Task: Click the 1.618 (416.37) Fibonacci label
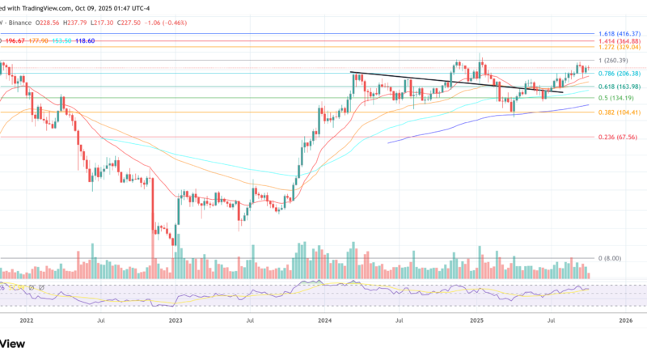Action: click(618, 35)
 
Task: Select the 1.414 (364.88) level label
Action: click(618, 41)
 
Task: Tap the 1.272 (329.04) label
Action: click(618, 48)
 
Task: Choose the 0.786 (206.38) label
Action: click(618, 74)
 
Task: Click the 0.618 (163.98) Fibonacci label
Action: click(618, 87)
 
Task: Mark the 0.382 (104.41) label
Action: click(618, 112)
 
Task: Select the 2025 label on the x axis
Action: click(476, 320)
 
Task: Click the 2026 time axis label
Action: click(625, 320)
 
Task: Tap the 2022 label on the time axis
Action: click(26, 320)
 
